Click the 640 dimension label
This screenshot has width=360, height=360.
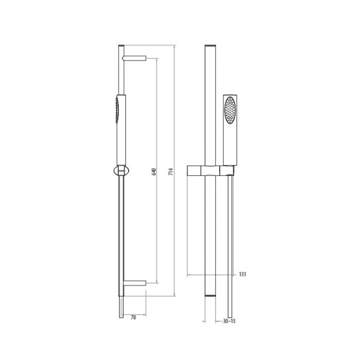point(154,172)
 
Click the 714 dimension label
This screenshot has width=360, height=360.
point(171,172)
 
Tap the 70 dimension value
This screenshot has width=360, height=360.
point(133,317)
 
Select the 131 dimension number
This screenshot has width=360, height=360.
point(242,274)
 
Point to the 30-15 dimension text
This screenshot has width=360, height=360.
point(229,321)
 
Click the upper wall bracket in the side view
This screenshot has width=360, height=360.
point(134,58)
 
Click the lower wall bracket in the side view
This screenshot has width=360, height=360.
point(135,283)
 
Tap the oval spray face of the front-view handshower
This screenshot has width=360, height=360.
point(230,110)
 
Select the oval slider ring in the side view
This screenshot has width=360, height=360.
point(121,171)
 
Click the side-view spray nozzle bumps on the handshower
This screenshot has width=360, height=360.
point(117,110)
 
